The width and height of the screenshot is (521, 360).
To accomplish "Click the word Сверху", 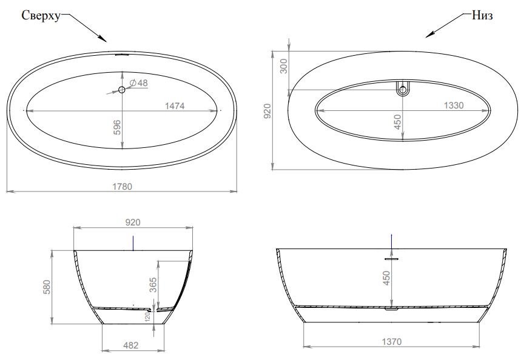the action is [41, 16].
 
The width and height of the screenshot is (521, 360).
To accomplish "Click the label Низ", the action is [482, 15].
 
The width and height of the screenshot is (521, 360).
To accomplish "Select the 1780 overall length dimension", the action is [123, 187].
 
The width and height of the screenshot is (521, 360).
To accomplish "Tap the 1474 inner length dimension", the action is [175, 106].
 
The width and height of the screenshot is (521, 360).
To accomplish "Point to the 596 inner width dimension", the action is [117, 127].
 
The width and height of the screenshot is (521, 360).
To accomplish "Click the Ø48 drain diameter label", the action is [138, 82].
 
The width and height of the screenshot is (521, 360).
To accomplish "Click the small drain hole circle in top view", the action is [122, 89].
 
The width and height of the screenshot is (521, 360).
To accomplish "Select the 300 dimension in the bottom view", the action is [283, 66].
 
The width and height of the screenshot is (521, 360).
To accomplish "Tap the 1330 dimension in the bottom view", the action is [454, 105].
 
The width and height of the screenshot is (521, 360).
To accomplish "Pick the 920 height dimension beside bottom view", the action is [267, 111].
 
